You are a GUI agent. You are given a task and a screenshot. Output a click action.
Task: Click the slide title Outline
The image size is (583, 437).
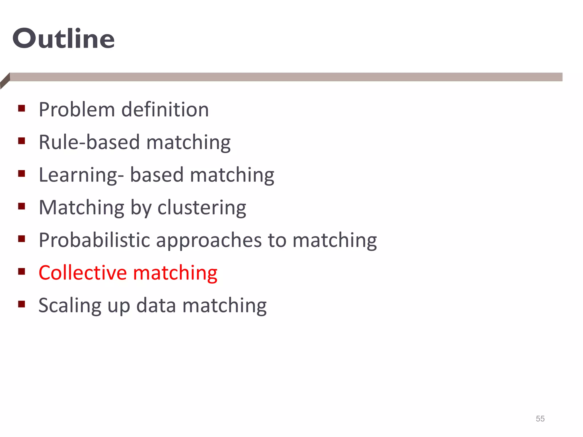[63, 39]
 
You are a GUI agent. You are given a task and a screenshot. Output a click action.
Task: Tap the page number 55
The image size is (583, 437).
[540, 419]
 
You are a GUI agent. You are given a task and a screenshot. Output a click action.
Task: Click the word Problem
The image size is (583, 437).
[77, 110]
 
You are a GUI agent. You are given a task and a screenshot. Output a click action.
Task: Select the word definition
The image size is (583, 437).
[165, 110]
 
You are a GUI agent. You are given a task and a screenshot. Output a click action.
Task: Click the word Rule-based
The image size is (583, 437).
[89, 142]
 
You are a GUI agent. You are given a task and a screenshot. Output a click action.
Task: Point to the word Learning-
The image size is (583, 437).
[81, 175]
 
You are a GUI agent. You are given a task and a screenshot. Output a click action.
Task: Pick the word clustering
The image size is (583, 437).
[202, 208]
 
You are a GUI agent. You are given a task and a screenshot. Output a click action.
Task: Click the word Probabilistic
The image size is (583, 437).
[94, 240]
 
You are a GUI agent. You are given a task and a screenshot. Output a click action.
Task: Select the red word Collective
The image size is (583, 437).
[83, 273]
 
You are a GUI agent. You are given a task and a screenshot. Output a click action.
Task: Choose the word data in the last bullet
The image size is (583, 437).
[156, 305]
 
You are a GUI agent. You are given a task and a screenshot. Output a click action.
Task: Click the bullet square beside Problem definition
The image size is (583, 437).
[22, 108]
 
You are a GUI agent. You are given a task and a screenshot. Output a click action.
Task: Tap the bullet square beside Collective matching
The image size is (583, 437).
[22, 271]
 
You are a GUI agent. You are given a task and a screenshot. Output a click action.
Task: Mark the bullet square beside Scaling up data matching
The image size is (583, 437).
[22, 304]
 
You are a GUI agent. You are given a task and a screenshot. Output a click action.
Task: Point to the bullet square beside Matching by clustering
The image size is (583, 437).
[22, 206]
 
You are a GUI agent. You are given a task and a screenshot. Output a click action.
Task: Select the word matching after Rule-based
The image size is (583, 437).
[188, 143]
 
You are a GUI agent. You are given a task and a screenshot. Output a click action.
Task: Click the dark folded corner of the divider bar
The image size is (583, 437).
[5, 81]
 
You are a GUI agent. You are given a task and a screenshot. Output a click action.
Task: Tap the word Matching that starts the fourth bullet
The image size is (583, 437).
[81, 208]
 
